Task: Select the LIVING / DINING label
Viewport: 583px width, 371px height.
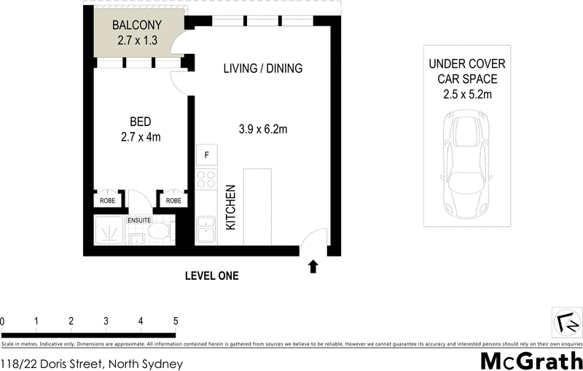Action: tap(262, 69)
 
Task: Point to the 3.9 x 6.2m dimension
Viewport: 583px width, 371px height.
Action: tap(262, 130)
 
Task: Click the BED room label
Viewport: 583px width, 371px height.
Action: tap(141, 121)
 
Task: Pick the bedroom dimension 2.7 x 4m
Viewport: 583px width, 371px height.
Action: tap(141, 136)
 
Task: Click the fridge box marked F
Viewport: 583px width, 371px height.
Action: tap(206, 155)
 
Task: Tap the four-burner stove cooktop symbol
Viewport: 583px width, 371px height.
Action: tap(206, 179)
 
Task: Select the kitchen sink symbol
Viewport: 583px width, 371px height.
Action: tap(206, 231)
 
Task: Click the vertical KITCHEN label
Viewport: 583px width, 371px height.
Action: tap(231, 207)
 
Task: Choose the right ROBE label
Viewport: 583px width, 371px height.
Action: tap(173, 200)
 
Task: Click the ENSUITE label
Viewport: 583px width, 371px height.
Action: tap(139, 219)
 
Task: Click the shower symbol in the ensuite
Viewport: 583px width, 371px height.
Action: tap(110, 233)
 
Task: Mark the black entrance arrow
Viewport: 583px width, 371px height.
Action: tap(313, 267)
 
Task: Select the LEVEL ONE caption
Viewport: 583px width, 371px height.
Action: tap(212, 276)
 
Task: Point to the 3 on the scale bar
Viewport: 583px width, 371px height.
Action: tap(106, 321)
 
